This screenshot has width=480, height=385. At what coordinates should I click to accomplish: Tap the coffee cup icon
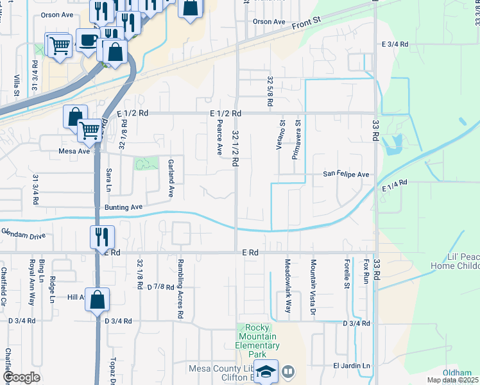87,40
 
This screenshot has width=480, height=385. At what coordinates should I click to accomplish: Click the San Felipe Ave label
346,174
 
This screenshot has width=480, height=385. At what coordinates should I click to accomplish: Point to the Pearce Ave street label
219,137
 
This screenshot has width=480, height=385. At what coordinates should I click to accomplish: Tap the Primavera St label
298,130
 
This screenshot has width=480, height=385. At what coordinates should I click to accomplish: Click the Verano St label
281,133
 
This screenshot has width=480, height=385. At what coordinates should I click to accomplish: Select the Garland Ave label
171,178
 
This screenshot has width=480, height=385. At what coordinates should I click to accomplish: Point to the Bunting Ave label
123,207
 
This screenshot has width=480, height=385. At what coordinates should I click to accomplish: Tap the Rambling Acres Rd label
182,288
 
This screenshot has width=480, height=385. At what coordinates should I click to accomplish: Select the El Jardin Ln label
352,366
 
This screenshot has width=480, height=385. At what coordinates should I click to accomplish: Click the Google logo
22,377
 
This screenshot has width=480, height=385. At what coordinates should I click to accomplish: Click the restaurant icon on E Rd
103,236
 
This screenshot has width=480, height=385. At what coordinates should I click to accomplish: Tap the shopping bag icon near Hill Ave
97,299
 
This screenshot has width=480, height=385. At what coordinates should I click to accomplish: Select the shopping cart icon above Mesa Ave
89,130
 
